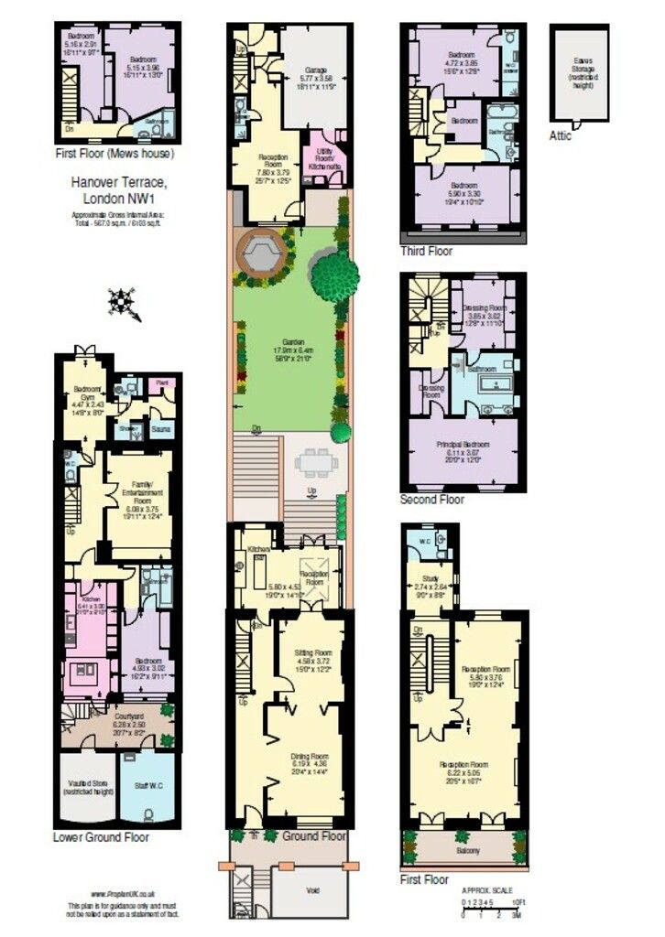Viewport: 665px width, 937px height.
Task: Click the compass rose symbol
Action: pyautogui.click(x=122, y=303)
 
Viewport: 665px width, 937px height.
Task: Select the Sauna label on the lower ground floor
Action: pyautogui.click(x=160, y=427)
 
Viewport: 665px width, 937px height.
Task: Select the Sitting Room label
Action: pyautogui.click(x=311, y=653)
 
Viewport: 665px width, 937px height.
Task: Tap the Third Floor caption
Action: pyautogui.click(x=426, y=250)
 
